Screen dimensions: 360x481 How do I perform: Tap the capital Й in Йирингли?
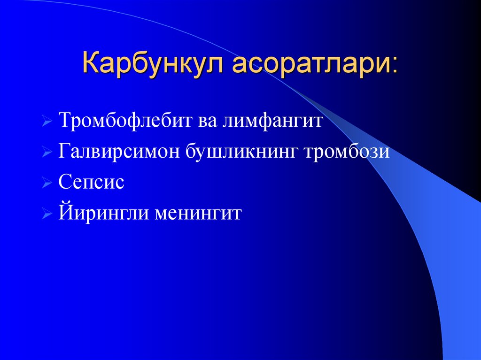65,213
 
